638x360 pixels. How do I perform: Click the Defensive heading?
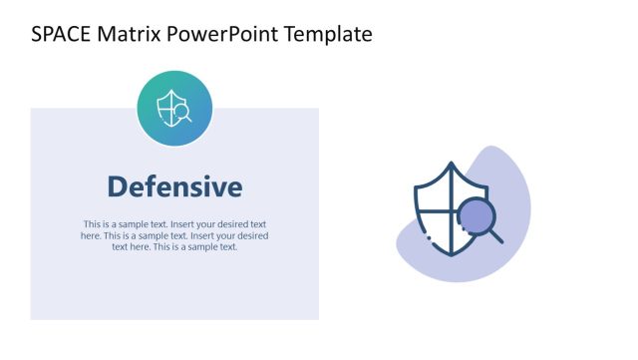click(x=174, y=186)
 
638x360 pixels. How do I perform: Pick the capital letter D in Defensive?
click(x=117, y=186)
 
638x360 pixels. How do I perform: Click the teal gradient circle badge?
click(x=174, y=108)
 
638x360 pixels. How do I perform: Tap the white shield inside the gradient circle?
click(x=169, y=105)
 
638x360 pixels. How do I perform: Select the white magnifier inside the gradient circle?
click(x=182, y=114)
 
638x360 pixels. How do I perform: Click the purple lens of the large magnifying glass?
click(x=475, y=215)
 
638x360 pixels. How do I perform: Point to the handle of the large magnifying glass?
click(x=495, y=236)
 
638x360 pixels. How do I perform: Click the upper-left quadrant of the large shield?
click(x=435, y=194)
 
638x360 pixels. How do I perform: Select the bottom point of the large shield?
click(x=452, y=255)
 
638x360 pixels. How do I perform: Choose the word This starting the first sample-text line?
click(x=93, y=224)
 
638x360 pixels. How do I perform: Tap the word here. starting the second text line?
click(x=91, y=236)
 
